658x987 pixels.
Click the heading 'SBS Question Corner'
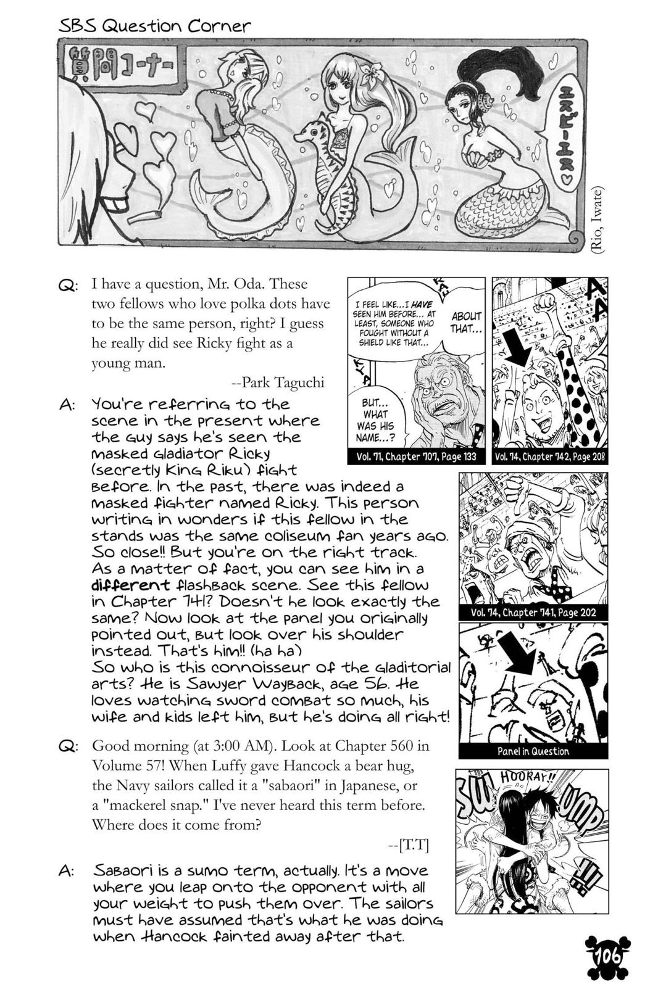(x=155, y=26)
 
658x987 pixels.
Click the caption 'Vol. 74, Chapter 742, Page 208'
(x=549, y=457)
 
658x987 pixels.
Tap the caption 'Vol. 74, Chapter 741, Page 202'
(x=533, y=613)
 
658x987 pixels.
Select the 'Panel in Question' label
(x=533, y=751)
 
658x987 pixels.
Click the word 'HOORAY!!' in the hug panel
(x=526, y=778)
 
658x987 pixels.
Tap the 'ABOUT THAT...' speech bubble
(x=465, y=322)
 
